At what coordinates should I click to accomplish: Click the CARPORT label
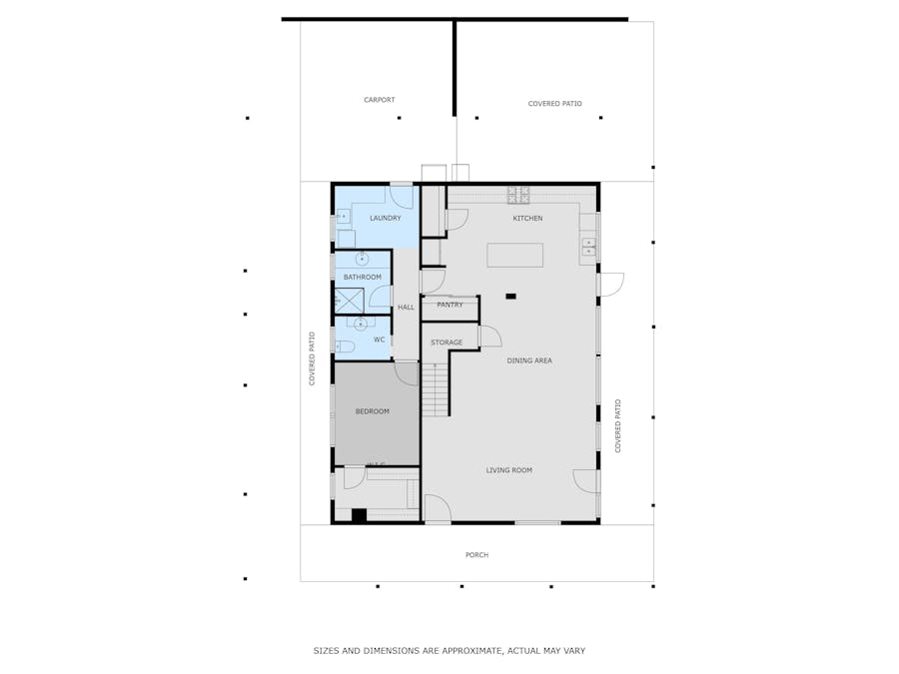(380, 100)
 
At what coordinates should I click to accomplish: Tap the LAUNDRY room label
(385, 218)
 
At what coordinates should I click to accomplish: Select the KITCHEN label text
(527, 218)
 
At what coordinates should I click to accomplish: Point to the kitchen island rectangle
(514, 255)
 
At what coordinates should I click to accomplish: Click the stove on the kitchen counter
(518, 194)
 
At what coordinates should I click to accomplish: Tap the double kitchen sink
(588, 247)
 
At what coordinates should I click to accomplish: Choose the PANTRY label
(449, 305)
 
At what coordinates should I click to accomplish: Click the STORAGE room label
(447, 342)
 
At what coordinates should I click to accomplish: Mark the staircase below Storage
(435, 389)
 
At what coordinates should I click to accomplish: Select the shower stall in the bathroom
(349, 300)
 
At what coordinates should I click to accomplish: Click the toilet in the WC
(344, 346)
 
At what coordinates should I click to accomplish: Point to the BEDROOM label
(373, 411)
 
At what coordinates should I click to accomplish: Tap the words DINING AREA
(529, 360)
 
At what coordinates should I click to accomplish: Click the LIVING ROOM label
(508, 470)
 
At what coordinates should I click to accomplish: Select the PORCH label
(476, 555)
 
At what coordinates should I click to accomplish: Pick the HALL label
(406, 308)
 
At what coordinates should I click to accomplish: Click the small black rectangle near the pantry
(510, 296)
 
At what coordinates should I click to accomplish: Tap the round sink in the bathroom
(362, 259)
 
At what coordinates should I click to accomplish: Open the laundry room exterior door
(402, 195)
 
